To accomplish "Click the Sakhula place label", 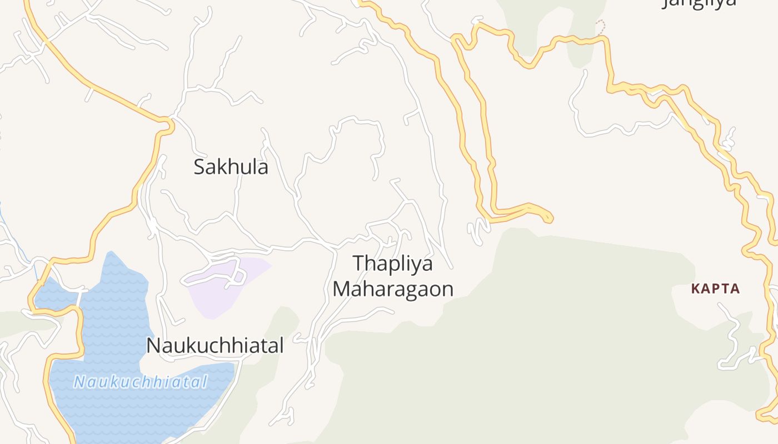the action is click(x=231, y=167).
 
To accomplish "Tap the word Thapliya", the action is click(x=392, y=263).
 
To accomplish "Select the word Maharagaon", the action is click(x=393, y=289).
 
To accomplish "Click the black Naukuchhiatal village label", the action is click(x=215, y=345).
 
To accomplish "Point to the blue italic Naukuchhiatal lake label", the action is click(x=141, y=382).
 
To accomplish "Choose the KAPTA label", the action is click(x=716, y=289).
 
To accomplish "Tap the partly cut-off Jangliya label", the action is click(x=700, y=3).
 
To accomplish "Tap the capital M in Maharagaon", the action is click(x=341, y=289).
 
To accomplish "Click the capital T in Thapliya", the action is click(x=359, y=263).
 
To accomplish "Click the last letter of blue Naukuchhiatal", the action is click(x=205, y=382).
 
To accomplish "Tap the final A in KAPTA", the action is click(x=735, y=289).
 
